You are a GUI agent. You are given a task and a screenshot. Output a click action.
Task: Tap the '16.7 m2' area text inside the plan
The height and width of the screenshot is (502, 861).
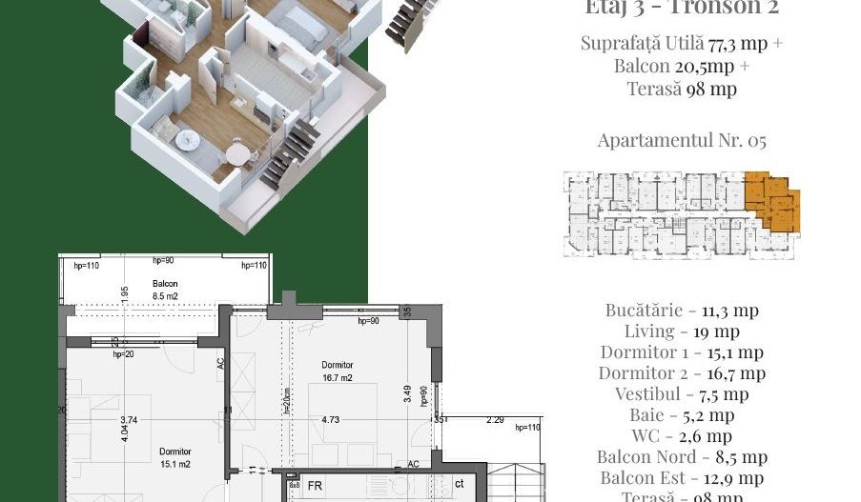coord(337,377)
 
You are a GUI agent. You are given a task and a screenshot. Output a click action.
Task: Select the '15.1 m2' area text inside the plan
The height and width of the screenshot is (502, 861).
coord(175,464)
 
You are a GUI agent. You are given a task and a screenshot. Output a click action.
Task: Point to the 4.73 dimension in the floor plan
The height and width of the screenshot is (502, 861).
coord(331,419)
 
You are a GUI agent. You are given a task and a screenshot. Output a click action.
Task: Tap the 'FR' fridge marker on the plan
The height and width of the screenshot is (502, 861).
coord(314,485)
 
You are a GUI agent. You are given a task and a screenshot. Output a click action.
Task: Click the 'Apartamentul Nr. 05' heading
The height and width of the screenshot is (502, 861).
coord(681,141)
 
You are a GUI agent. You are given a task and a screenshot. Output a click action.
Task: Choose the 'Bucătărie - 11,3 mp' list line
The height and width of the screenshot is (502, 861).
coord(681,310)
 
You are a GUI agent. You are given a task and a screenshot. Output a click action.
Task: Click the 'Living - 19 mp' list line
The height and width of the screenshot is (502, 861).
coord(681,331)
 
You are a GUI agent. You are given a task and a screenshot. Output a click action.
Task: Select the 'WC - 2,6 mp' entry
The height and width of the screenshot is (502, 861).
coord(681,436)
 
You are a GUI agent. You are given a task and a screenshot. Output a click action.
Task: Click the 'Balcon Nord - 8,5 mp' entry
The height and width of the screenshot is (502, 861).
coord(681,457)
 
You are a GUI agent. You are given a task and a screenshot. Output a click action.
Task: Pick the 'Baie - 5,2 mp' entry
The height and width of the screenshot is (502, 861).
coord(681,415)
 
